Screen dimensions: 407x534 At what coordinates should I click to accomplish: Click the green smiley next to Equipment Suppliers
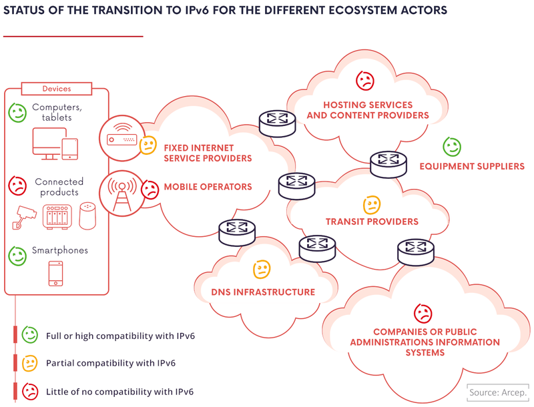pos(452,146)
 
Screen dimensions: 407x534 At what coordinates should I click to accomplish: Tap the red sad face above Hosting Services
pos(365,81)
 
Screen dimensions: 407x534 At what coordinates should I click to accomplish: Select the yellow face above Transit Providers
pos(371,204)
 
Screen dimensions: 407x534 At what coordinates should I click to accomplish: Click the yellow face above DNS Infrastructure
pos(262,270)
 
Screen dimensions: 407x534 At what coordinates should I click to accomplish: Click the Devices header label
pos(57,89)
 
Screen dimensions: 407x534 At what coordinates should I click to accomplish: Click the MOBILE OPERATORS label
pos(208,187)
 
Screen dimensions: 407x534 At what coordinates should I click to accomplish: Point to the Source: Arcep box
pos(497,392)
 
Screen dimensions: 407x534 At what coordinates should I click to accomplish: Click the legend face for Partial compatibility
pos(29,363)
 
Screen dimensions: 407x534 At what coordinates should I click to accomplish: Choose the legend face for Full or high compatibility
pos(29,335)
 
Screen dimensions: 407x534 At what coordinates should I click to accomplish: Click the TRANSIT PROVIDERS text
pos(372,222)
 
